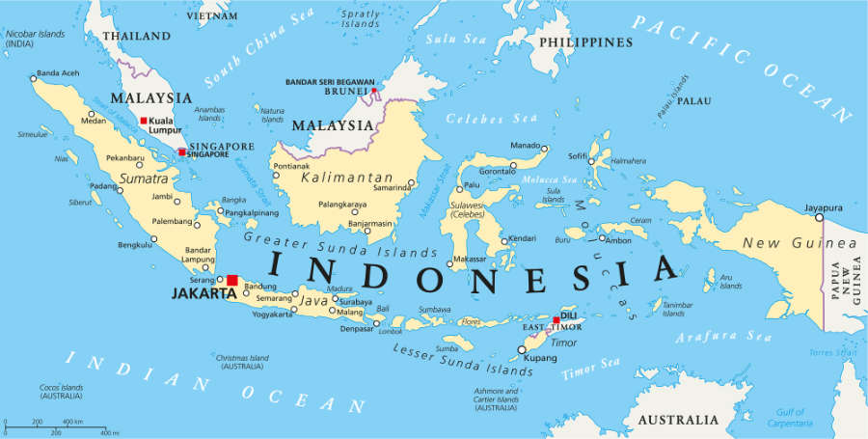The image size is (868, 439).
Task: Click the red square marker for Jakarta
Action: pos(231,280)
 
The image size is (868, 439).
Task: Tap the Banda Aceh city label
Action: pos(59,74)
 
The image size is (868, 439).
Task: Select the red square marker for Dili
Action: pos(556,319)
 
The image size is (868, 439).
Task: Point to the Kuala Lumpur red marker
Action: pos(144,121)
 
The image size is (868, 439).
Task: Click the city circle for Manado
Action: pos(544,149)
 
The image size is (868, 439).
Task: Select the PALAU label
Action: pos(693,100)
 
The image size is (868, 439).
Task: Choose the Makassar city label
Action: pos(470,260)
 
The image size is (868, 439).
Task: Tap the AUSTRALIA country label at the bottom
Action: pos(678,420)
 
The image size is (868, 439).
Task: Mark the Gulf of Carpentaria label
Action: pos(793,418)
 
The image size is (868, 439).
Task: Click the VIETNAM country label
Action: pos(211,16)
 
